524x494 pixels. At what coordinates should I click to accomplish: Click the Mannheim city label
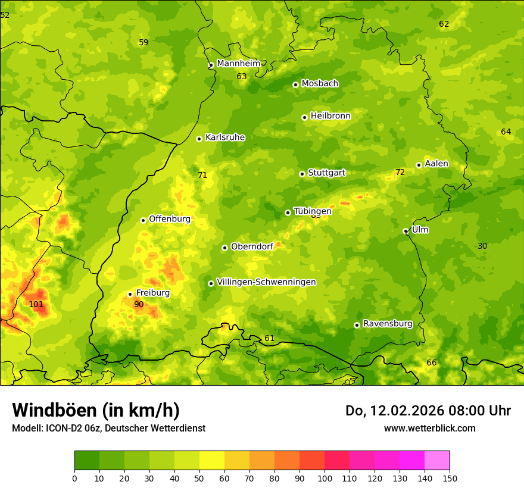click(238, 64)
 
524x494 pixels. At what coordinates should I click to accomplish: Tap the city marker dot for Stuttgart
click(302, 174)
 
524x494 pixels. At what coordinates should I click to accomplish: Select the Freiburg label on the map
click(152, 293)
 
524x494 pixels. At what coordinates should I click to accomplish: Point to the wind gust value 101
click(36, 304)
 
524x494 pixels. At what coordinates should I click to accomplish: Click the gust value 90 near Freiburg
click(139, 304)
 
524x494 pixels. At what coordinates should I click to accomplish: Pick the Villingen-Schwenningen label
click(266, 282)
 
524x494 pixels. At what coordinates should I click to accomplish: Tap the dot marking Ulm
click(406, 231)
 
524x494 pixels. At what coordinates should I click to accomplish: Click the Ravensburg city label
click(387, 324)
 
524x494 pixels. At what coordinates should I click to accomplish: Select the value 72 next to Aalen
click(400, 173)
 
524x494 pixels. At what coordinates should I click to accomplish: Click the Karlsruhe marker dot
click(199, 139)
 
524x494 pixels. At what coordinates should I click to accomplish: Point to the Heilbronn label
click(330, 116)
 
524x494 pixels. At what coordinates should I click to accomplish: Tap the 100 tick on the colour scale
click(325, 478)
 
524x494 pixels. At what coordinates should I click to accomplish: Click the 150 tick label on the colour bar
click(450, 478)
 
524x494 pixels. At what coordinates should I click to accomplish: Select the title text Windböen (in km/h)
click(96, 410)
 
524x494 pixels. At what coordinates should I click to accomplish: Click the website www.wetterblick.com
click(429, 428)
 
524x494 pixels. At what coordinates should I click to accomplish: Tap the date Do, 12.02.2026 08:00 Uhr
click(428, 411)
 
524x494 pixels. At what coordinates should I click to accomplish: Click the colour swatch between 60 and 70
click(237, 461)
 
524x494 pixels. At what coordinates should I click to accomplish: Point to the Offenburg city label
click(170, 219)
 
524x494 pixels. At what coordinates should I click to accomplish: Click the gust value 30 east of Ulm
click(482, 246)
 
